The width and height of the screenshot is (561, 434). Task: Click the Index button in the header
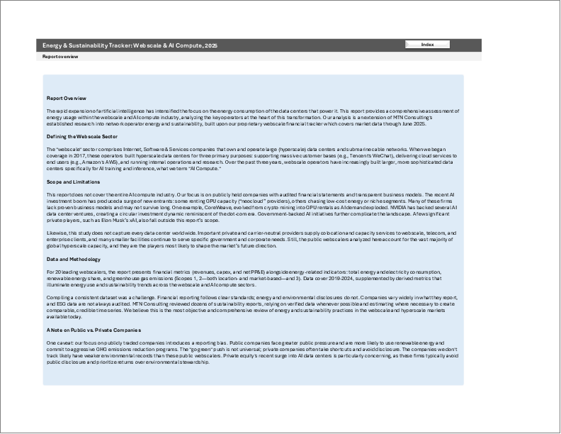tap(427, 45)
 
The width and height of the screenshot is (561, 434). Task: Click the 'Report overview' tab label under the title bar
tap(60, 55)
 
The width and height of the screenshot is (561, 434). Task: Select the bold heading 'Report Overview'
tap(67, 99)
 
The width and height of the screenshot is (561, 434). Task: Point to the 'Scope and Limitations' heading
tap(73, 182)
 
